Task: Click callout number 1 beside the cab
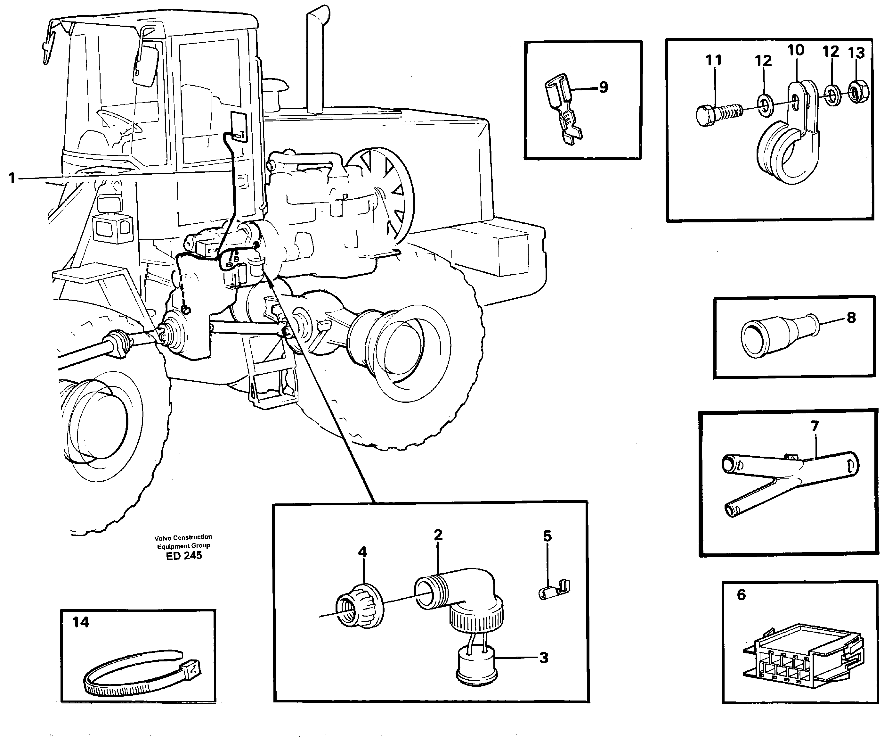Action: (12, 178)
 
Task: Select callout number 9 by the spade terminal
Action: (603, 87)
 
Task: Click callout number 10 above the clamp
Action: (796, 51)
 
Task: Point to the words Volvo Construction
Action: (183, 537)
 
